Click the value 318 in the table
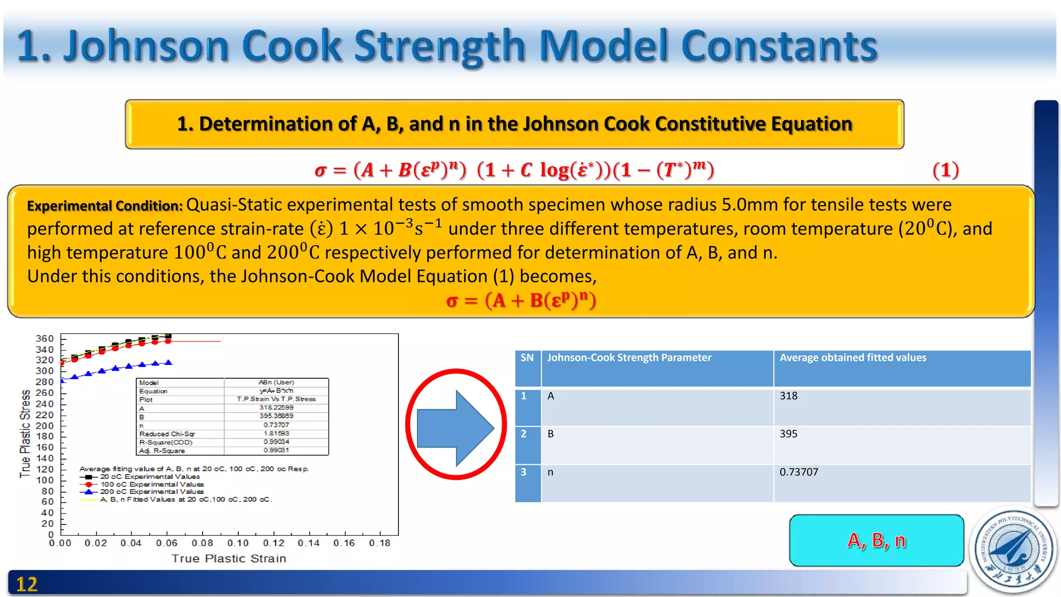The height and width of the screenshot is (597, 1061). (x=788, y=396)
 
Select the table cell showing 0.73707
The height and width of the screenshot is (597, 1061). (x=799, y=472)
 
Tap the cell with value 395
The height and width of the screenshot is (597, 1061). (x=788, y=434)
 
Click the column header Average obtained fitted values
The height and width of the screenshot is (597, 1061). (x=853, y=358)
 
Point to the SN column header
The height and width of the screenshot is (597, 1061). (x=527, y=358)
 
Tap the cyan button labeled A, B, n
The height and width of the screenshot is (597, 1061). (x=876, y=541)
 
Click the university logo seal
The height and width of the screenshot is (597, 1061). (x=1013, y=550)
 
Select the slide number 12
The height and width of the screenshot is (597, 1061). (x=27, y=585)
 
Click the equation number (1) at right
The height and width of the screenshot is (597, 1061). (x=945, y=170)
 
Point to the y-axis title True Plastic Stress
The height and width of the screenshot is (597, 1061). (x=25, y=434)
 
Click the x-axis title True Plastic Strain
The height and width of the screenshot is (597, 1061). (x=228, y=559)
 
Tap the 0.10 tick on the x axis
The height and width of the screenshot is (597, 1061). (x=238, y=543)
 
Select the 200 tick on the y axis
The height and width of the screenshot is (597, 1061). (x=45, y=426)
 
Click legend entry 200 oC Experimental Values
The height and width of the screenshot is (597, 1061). (x=152, y=492)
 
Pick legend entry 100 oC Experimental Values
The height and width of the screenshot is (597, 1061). (x=152, y=484)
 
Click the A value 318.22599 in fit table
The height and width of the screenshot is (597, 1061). (x=276, y=408)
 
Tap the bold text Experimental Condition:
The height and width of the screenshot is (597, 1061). (x=105, y=206)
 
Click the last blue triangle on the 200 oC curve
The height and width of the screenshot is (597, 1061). (x=168, y=363)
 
